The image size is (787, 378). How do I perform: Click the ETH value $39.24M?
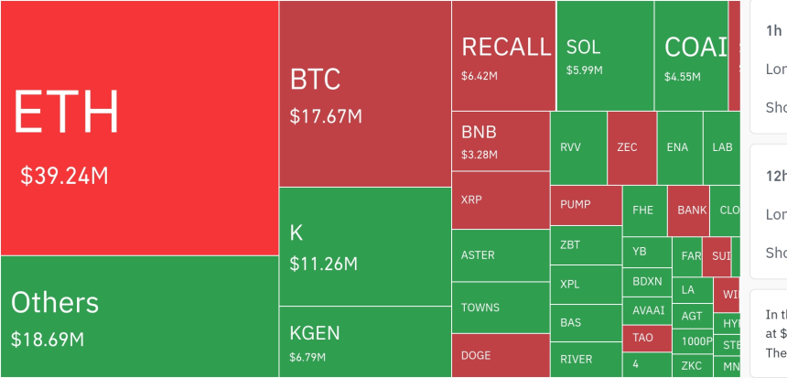(64, 176)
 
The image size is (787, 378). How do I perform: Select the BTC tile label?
(315, 80)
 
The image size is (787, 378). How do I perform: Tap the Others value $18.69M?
(48, 340)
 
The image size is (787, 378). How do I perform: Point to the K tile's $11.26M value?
(323, 265)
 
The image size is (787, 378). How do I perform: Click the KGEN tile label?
(315, 331)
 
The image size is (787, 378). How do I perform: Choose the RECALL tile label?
(506, 47)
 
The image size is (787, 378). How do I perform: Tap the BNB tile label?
(479, 131)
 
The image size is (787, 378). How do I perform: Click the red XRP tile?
(500, 199)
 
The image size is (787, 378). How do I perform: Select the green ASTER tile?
(500, 255)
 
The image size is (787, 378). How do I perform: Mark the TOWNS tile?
(500, 308)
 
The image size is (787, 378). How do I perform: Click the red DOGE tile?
(500, 355)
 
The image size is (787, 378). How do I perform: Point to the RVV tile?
(577, 147)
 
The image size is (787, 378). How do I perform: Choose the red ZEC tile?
(631, 147)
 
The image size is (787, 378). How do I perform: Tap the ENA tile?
(678, 147)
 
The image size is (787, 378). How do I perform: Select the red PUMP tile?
(585, 205)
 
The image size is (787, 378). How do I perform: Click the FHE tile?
(644, 211)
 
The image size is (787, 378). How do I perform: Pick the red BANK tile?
(692, 211)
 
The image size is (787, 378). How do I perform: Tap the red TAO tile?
(644, 338)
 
